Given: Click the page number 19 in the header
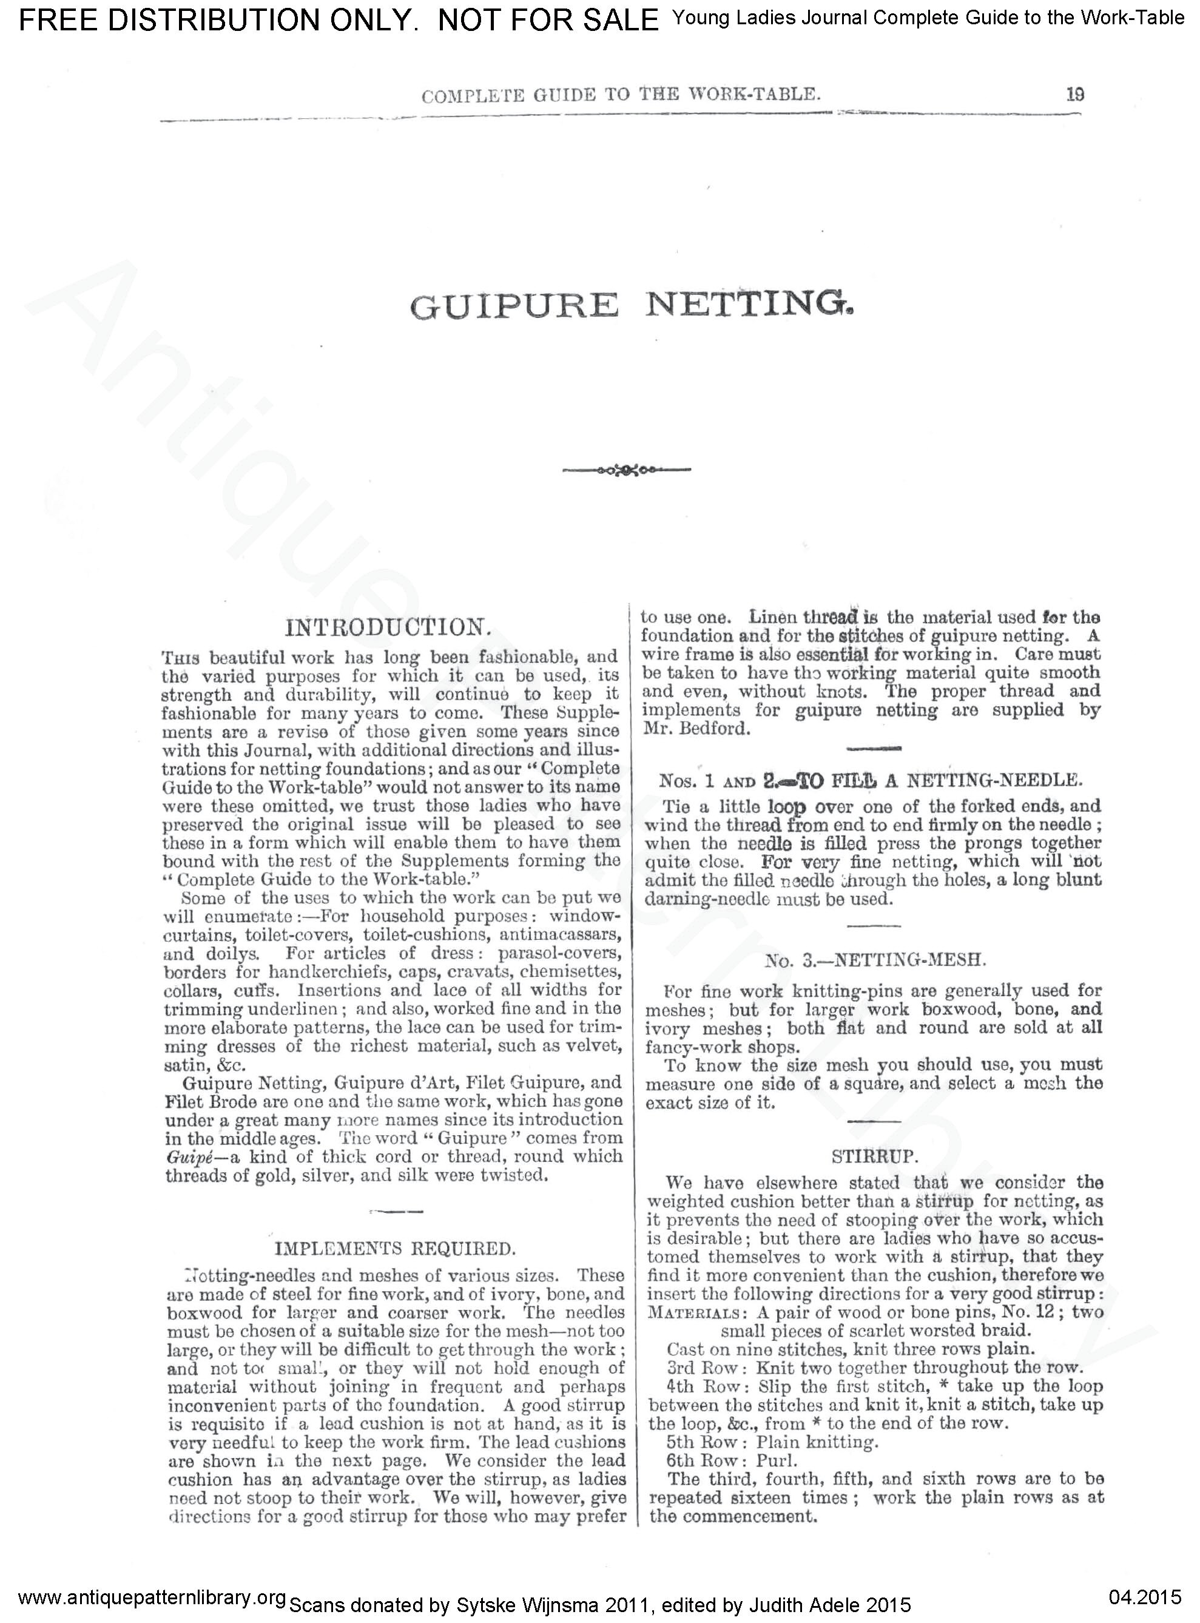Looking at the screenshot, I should pyautogui.click(x=1075, y=95).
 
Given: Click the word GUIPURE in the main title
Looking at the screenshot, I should pyautogui.click(x=514, y=305).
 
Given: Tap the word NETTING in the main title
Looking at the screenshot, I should pyautogui.click(x=748, y=304).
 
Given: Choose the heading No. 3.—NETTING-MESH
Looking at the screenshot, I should pyautogui.click(x=875, y=960).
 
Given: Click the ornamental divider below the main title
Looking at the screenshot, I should pyautogui.click(x=626, y=470).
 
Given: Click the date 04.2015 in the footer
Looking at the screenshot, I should pyautogui.click(x=1145, y=1596).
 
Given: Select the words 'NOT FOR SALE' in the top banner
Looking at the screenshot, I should pyautogui.click(x=548, y=21).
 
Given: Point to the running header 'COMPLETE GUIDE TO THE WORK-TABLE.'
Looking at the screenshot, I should pyautogui.click(x=621, y=95).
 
